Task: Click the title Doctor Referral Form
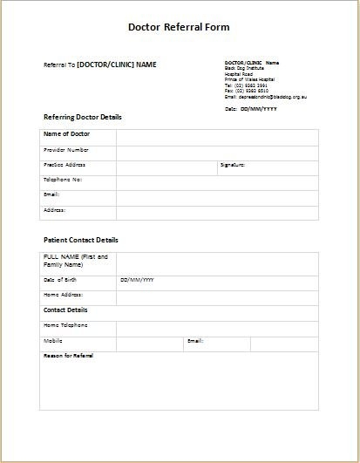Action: point(179,27)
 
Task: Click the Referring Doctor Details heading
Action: point(83,117)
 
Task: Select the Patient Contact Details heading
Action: point(81,240)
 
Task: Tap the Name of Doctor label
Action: point(67,135)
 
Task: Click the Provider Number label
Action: point(66,150)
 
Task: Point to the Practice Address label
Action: point(65,164)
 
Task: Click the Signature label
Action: point(233,164)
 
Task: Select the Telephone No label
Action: point(63,179)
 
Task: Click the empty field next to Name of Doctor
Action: point(217,136)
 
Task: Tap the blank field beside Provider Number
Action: point(217,151)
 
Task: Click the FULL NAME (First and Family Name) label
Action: point(75,261)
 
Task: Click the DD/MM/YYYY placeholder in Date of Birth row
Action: point(137,280)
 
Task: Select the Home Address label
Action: point(63,295)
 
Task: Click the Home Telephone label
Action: point(65,324)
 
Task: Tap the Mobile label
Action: point(53,340)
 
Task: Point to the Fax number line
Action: point(247,91)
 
